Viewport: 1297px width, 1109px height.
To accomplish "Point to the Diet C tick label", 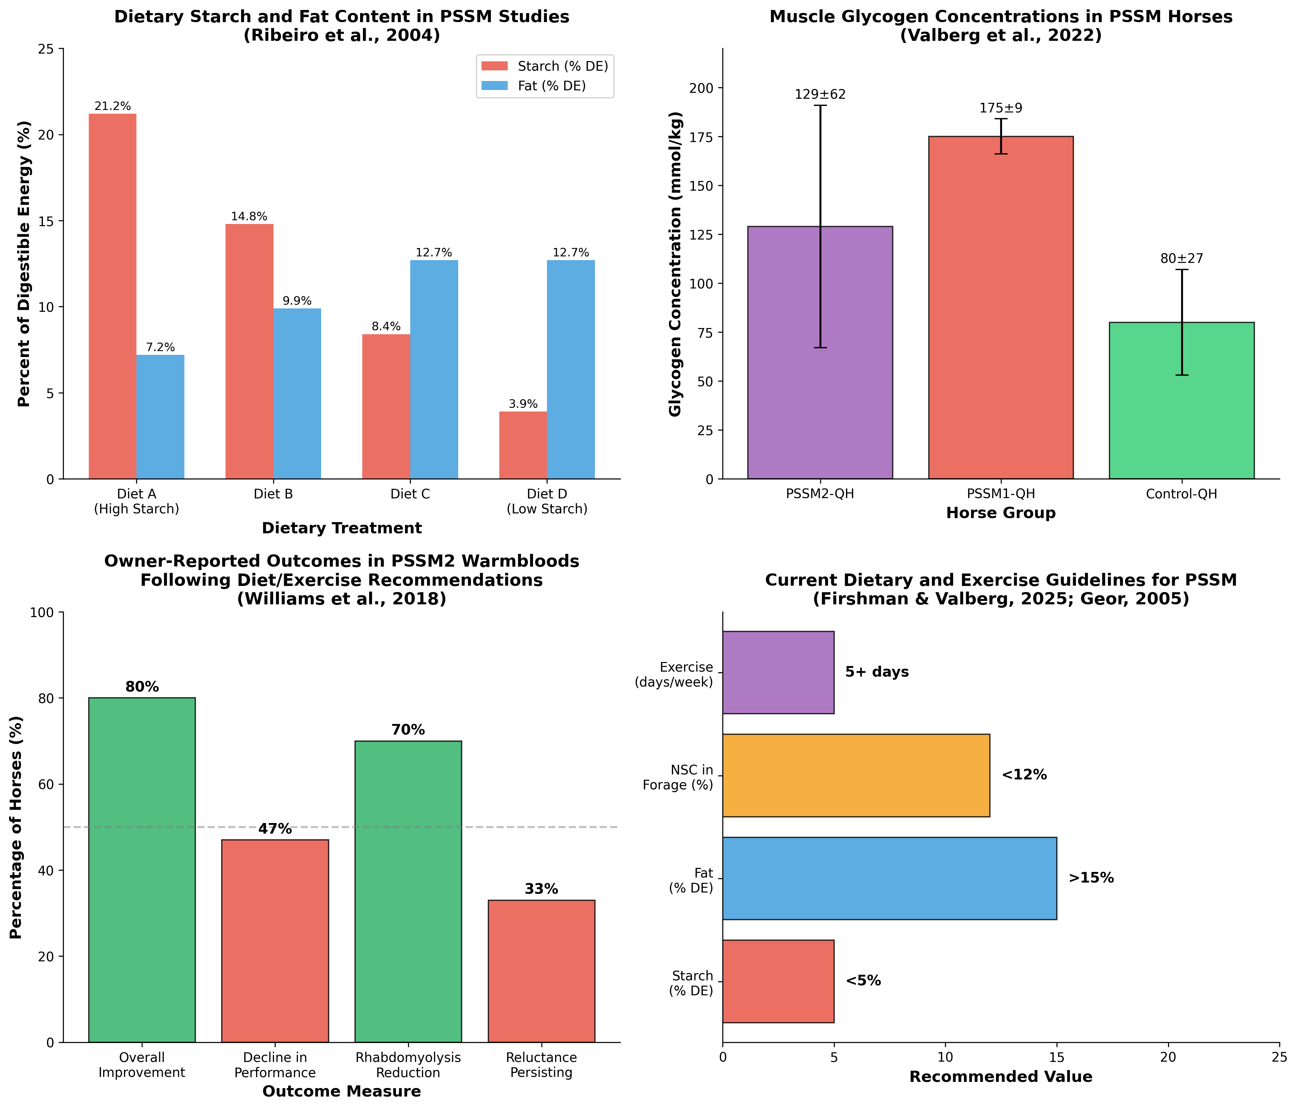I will point(410,494).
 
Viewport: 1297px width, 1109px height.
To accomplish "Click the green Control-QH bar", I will point(1181,401).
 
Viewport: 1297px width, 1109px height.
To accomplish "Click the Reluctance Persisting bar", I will point(541,971).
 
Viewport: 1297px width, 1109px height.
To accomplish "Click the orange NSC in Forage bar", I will point(856,775).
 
